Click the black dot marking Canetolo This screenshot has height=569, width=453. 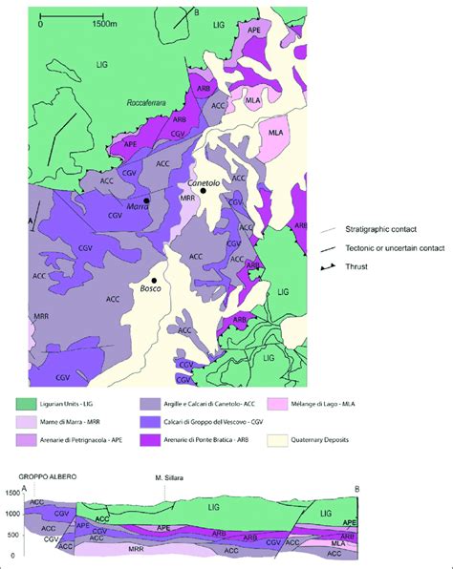pos(204,191)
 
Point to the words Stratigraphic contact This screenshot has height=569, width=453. pos(391,231)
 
